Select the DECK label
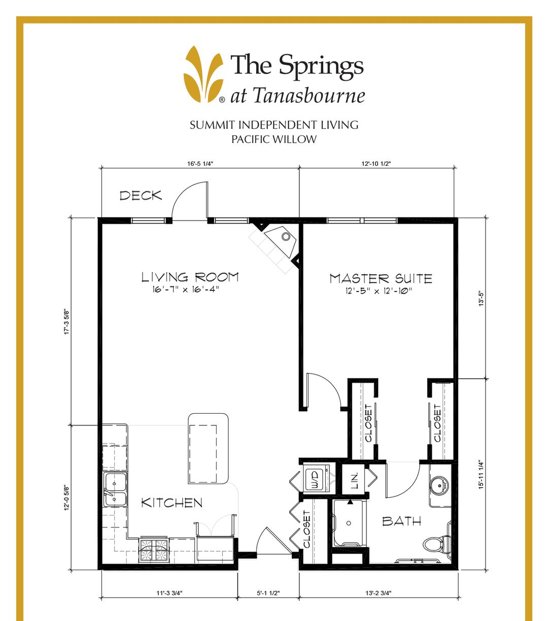(141, 196)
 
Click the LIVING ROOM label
(190, 277)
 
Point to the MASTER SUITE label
(381, 278)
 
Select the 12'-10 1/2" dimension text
(376, 164)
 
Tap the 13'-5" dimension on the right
(483, 298)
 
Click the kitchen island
(208, 448)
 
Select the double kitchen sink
(115, 490)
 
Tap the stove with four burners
(154, 550)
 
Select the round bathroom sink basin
(439, 486)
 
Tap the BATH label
(401, 521)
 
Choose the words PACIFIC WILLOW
(274, 139)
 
